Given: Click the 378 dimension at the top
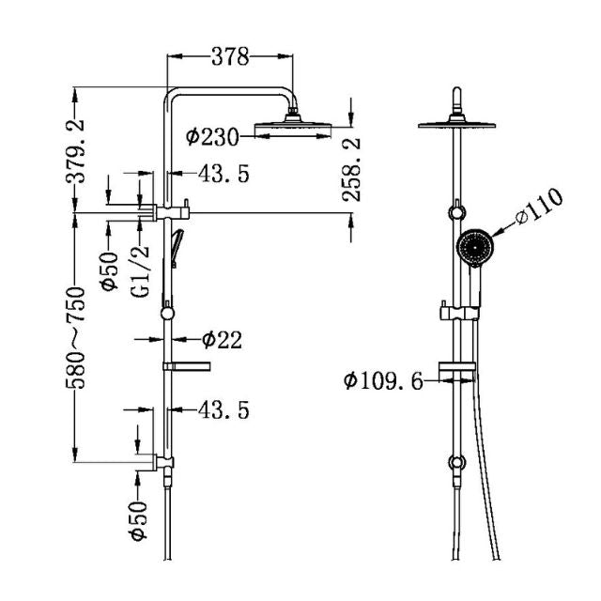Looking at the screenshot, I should pyautogui.click(x=230, y=57).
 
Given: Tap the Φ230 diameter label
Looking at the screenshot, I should pyautogui.click(x=213, y=137).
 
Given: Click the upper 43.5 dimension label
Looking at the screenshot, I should pyautogui.click(x=223, y=174).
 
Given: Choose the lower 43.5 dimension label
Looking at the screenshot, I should pyautogui.click(x=223, y=409).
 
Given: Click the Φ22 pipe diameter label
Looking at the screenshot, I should pyautogui.click(x=222, y=340).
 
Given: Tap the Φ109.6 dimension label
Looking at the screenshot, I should pyautogui.click(x=383, y=381).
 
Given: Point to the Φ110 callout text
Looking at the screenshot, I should pyautogui.click(x=538, y=208).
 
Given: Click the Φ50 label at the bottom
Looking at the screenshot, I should pyautogui.click(x=139, y=519).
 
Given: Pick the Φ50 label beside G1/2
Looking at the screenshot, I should pyautogui.click(x=108, y=270).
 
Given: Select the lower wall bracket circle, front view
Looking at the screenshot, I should pyautogui.click(x=457, y=462).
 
